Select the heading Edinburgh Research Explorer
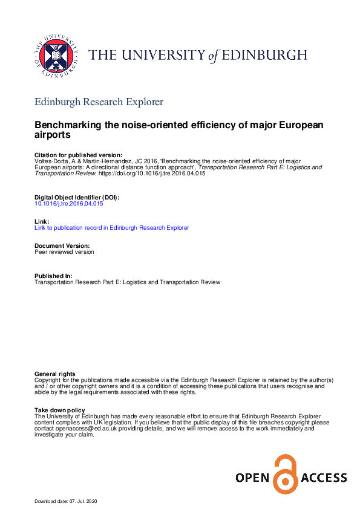tap(99, 102)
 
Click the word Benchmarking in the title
tap(73, 125)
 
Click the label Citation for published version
tap(78, 155)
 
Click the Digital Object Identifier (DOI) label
tap(77, 198)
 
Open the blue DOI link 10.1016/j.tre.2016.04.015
tap(69, 204)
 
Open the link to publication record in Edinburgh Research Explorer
tap(111, 228)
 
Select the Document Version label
tap(62, 246)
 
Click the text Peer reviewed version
tap(64, 252)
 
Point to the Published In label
tap(53, 276)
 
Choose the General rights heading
tap(55, 374)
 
